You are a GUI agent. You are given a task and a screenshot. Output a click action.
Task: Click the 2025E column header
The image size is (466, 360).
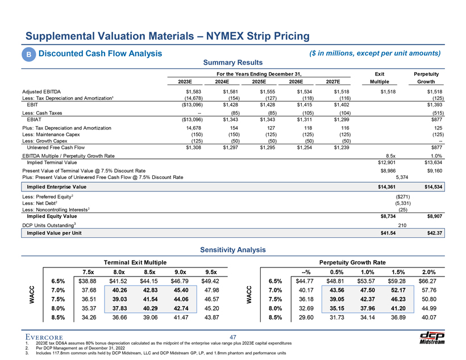[x=263, y=81]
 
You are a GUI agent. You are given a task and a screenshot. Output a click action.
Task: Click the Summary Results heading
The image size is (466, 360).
[x=232, y=62]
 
